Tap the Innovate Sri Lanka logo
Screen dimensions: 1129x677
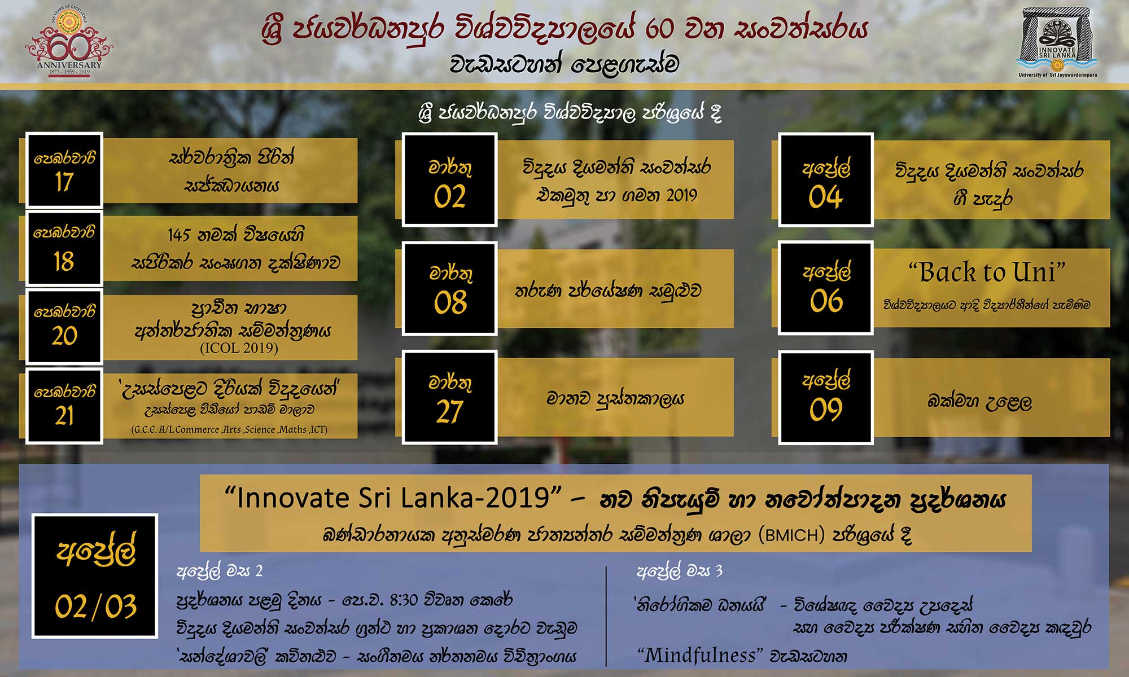coord(1057,42)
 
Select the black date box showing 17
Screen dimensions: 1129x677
coord(64,170)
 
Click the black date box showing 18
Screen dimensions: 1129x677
coord(64,248)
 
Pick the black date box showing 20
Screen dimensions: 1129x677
coord(64,327)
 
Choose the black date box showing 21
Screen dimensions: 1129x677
coord(64,406)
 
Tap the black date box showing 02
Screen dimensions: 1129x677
coord(449,180)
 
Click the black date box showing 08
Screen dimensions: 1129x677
coord(449,288)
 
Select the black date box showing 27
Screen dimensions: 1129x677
coord(449,397)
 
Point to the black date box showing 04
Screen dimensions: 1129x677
coord(826,180)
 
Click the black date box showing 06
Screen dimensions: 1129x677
coord(826,288)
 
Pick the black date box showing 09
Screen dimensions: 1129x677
coord(826,397)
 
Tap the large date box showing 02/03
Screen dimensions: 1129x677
coord(95,575)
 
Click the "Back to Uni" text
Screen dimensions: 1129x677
coord(987,272)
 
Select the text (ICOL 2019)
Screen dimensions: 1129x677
coord(239,348)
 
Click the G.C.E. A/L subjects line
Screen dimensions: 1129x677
coord(229,429)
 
